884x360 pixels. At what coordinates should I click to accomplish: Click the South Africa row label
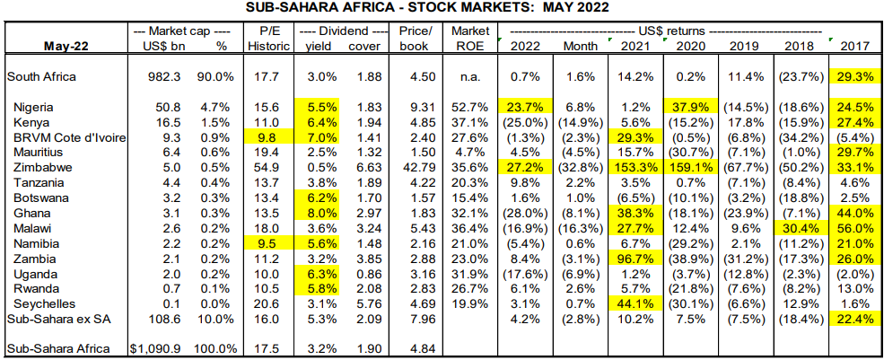coord(41,77)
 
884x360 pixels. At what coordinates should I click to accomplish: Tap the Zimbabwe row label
coord(43,167)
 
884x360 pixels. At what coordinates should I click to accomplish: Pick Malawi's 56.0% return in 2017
coord(854,228)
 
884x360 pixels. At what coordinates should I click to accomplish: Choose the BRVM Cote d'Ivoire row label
coord(69,137)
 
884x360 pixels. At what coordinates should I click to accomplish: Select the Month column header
coord(580,46)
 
